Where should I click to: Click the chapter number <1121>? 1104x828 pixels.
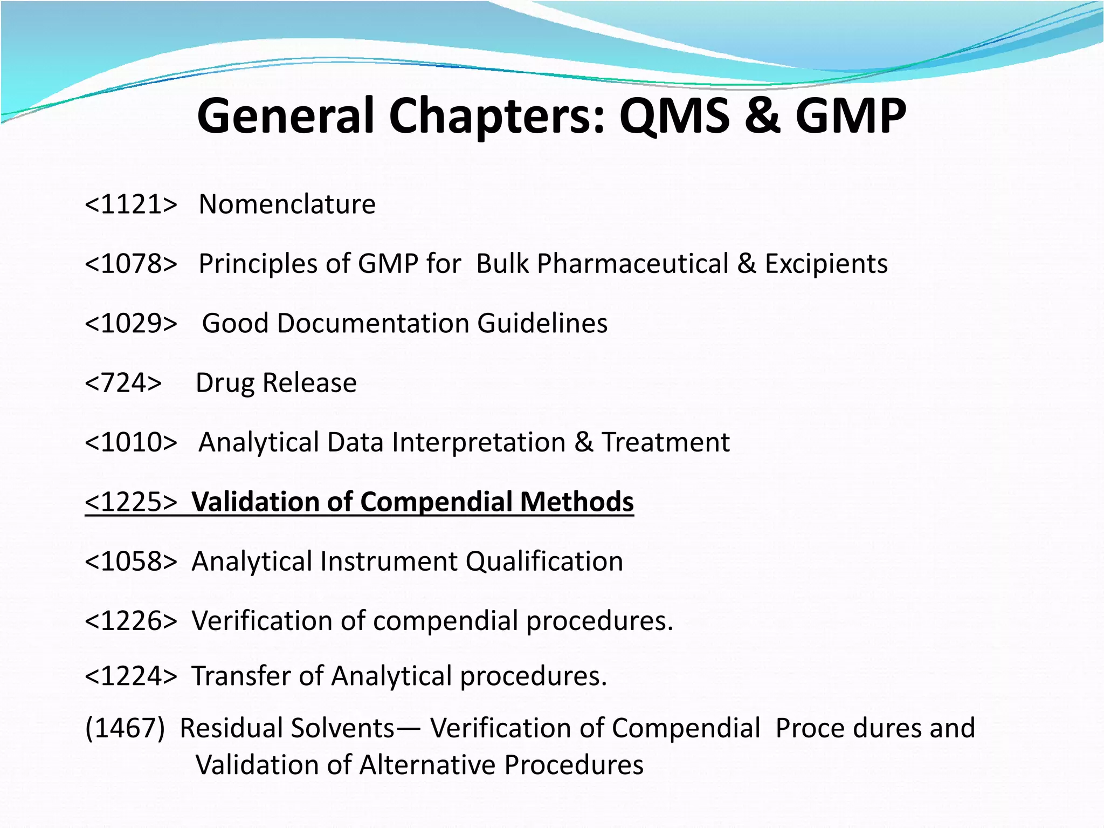pos(131,204)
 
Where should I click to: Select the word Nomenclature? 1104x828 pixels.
pos(287,204)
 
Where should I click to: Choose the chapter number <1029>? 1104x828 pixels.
pos(131,324)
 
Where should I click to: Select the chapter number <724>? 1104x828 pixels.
pos(123,383)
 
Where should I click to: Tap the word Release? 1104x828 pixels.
pos(309,383)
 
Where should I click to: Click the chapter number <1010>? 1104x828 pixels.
pos(131,442)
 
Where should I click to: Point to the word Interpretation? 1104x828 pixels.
pos(479,442)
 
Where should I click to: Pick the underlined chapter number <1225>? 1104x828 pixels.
pos(131,502)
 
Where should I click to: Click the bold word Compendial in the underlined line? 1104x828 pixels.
pos(437,502)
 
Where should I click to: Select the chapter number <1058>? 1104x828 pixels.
pos(131,562)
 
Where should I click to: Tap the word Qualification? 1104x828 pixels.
pos(544,562)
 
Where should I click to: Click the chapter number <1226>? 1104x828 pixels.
pos(131,621)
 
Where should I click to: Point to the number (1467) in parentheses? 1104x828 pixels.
pos(125,728)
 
